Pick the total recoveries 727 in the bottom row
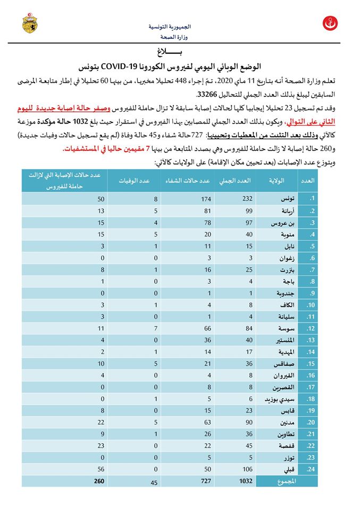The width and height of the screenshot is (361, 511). point(206,481)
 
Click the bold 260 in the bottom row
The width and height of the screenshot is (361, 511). point(99,481)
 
